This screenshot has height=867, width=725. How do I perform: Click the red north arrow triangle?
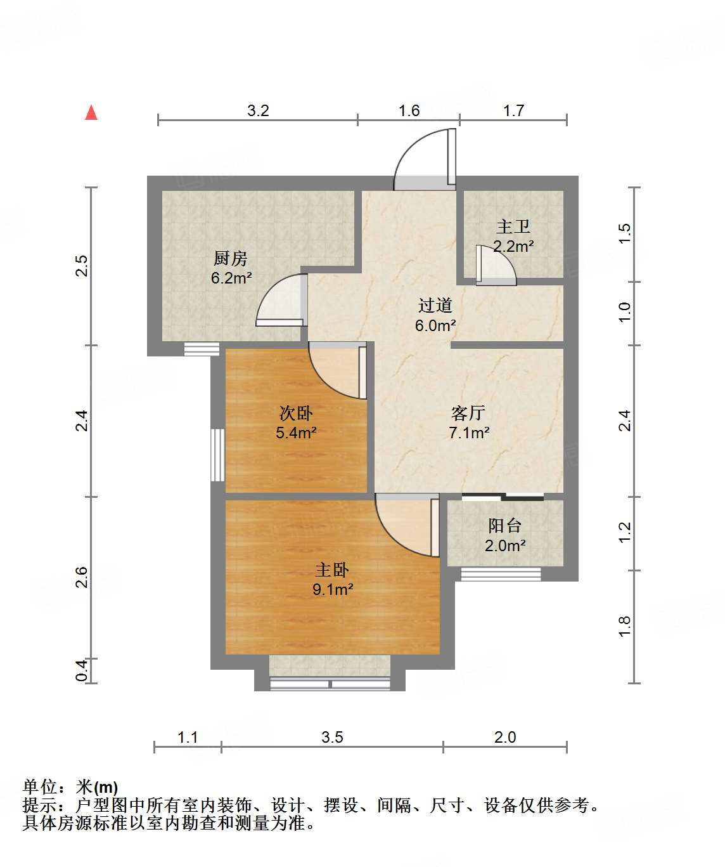tap(91, 113)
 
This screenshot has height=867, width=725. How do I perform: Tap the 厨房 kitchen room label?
tap(230, 258)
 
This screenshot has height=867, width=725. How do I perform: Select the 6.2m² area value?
tap(231, 278)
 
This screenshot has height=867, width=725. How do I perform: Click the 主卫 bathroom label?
tap(513, 226)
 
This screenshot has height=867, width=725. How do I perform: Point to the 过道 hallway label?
tap(435, 306)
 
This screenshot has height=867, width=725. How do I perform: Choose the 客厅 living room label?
tap(468, 414)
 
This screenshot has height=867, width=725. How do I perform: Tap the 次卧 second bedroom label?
tap(296, 414)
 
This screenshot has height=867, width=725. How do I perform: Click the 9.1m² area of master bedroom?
tap(333, 589)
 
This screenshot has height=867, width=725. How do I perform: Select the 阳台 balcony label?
tap(504, 526)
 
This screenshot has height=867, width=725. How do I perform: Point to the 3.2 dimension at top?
tap(258, 110)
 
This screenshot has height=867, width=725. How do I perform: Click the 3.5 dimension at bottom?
tap(332, 737)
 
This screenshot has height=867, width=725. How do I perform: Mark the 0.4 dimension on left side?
tap(82, 670)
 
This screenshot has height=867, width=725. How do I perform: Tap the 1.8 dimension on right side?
tap(625, 627)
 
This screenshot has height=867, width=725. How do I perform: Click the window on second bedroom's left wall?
tap(217, 455)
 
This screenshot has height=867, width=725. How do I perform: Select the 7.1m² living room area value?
tap(469, 433)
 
